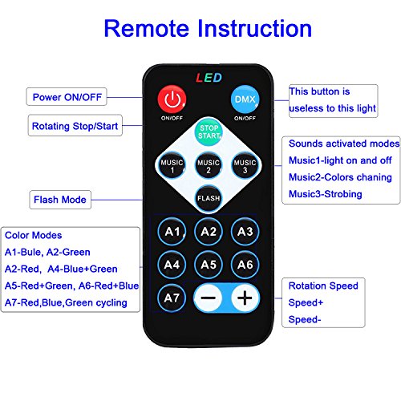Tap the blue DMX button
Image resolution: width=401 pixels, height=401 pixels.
tap(245, 99)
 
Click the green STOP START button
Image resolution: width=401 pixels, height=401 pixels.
tap(209, 132)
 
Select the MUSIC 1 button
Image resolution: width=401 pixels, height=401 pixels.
tap(172, 165)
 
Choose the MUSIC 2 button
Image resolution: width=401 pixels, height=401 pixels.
tap(209, 165)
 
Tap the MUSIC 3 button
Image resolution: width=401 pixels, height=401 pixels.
tap(245, 165)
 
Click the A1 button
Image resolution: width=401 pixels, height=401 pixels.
tap(172, 232)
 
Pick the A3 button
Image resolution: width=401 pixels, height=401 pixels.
tap(245, 232)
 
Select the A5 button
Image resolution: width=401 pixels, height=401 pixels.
tap(209, 265)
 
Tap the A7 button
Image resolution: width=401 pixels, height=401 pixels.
tap(172, 298)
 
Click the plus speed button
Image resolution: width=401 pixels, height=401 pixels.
tap(245, 298)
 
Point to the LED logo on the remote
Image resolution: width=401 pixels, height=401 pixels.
tap(209, 78)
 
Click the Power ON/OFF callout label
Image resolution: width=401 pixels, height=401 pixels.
tap(67, 97)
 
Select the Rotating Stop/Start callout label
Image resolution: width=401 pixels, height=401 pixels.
tap(75, 126)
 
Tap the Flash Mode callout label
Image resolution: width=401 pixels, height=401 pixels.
tap(60, 200)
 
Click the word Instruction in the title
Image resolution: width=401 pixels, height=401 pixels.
tap(255, 28)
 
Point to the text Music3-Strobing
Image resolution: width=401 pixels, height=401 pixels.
tap(326, 194)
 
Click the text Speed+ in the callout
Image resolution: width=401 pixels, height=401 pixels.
tap(306, 302)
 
